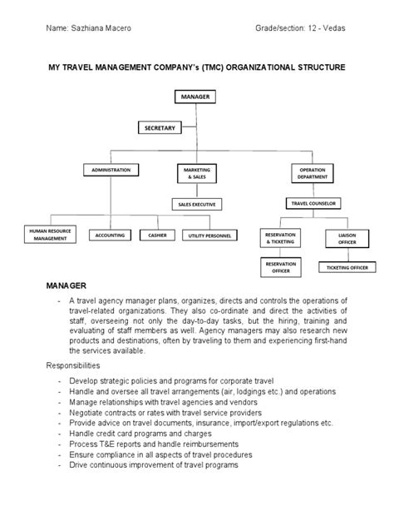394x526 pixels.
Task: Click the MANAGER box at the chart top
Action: [x=196, y=97]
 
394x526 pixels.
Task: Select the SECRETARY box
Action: [x=160, y=127]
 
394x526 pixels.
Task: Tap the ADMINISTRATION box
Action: [x=111, y=171]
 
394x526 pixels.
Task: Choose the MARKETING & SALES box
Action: [x=196, y=172]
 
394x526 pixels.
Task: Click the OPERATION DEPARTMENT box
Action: [x=313, y=172]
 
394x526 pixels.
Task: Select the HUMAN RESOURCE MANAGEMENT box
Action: [x=51, y=234]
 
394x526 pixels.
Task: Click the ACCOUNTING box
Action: [x=110, y=235]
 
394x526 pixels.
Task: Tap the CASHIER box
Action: [x=157, y=235]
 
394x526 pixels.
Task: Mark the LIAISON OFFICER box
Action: [x=347, y=238]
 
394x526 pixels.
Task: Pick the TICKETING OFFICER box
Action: [x=347, y=266]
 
